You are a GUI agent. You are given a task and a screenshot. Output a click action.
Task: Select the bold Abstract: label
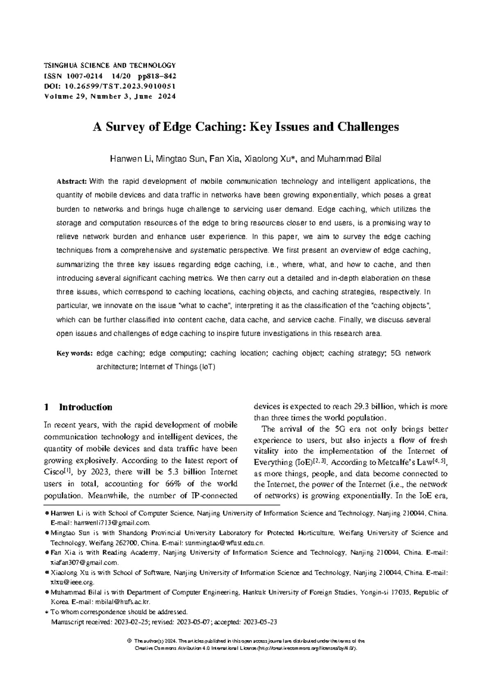71,182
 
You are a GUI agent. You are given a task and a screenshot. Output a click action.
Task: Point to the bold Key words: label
75,353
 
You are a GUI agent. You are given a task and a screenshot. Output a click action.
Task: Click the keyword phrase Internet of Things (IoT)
178,367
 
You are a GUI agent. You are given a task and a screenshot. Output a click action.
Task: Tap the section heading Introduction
85,407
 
